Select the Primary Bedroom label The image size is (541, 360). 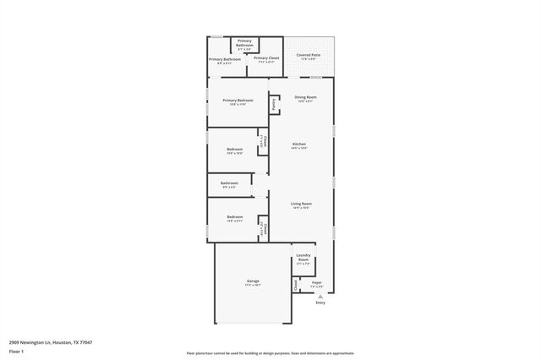(238, 100)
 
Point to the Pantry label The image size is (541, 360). (274, 104)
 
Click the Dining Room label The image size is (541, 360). (305, 97)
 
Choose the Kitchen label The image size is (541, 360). (299, 144)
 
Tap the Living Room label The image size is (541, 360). (302, 203)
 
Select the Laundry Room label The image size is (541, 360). (303, 258)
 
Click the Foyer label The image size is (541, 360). (316, 282)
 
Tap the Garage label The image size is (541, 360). (253, 281)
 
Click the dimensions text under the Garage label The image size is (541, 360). (253, 286)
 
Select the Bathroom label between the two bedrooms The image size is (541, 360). (229, 183)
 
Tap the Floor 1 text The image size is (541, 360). (17, 350)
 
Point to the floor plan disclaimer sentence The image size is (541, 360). (270, 353)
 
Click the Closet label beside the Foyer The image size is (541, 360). (296, 285)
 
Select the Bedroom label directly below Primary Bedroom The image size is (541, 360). (234, 149)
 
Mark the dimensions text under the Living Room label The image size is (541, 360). (302, 208)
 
